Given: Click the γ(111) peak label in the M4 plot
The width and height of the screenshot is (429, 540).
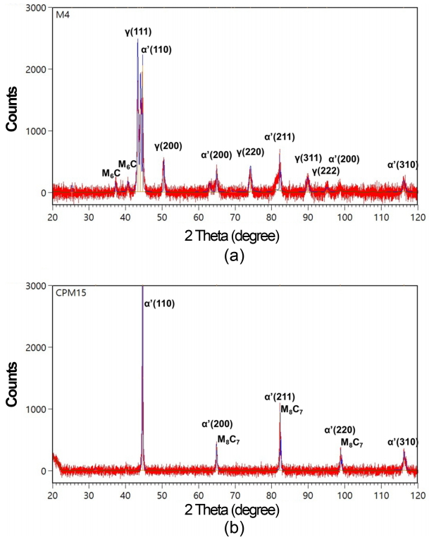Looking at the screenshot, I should click(137, 32).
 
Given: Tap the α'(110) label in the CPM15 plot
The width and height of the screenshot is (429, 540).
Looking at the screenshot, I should click(161, 304).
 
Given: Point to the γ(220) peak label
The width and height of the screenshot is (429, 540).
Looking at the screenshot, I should click(249, 152).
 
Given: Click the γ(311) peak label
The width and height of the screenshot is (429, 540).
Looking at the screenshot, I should click(308, 159).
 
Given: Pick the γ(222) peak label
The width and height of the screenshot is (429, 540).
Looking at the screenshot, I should click(325, 171).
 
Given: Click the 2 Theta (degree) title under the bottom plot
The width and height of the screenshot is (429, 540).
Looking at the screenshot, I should click(235, 508).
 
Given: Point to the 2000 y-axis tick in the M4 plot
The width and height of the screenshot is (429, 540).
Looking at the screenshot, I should click(37, 69).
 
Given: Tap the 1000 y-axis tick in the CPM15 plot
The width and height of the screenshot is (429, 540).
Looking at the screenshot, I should click(37, 409).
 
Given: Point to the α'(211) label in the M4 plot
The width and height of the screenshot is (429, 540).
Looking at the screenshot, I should click(279, 136).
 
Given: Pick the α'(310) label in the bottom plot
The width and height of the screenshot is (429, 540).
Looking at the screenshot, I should click(403, 443).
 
